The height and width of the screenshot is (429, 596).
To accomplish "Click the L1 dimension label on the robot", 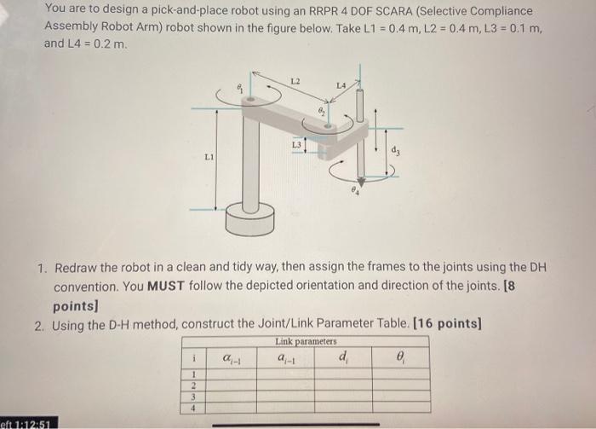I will tap(209, 156).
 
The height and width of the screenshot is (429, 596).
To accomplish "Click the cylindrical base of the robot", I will tap(251, 221).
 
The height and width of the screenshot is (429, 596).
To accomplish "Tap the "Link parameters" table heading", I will tap(301, 341).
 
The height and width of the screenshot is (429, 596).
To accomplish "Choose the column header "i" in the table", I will tap(194, 358).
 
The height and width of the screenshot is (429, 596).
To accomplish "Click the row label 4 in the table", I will tap(194, 408).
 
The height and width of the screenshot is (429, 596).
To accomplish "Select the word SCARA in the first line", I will tap(385, 10).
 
